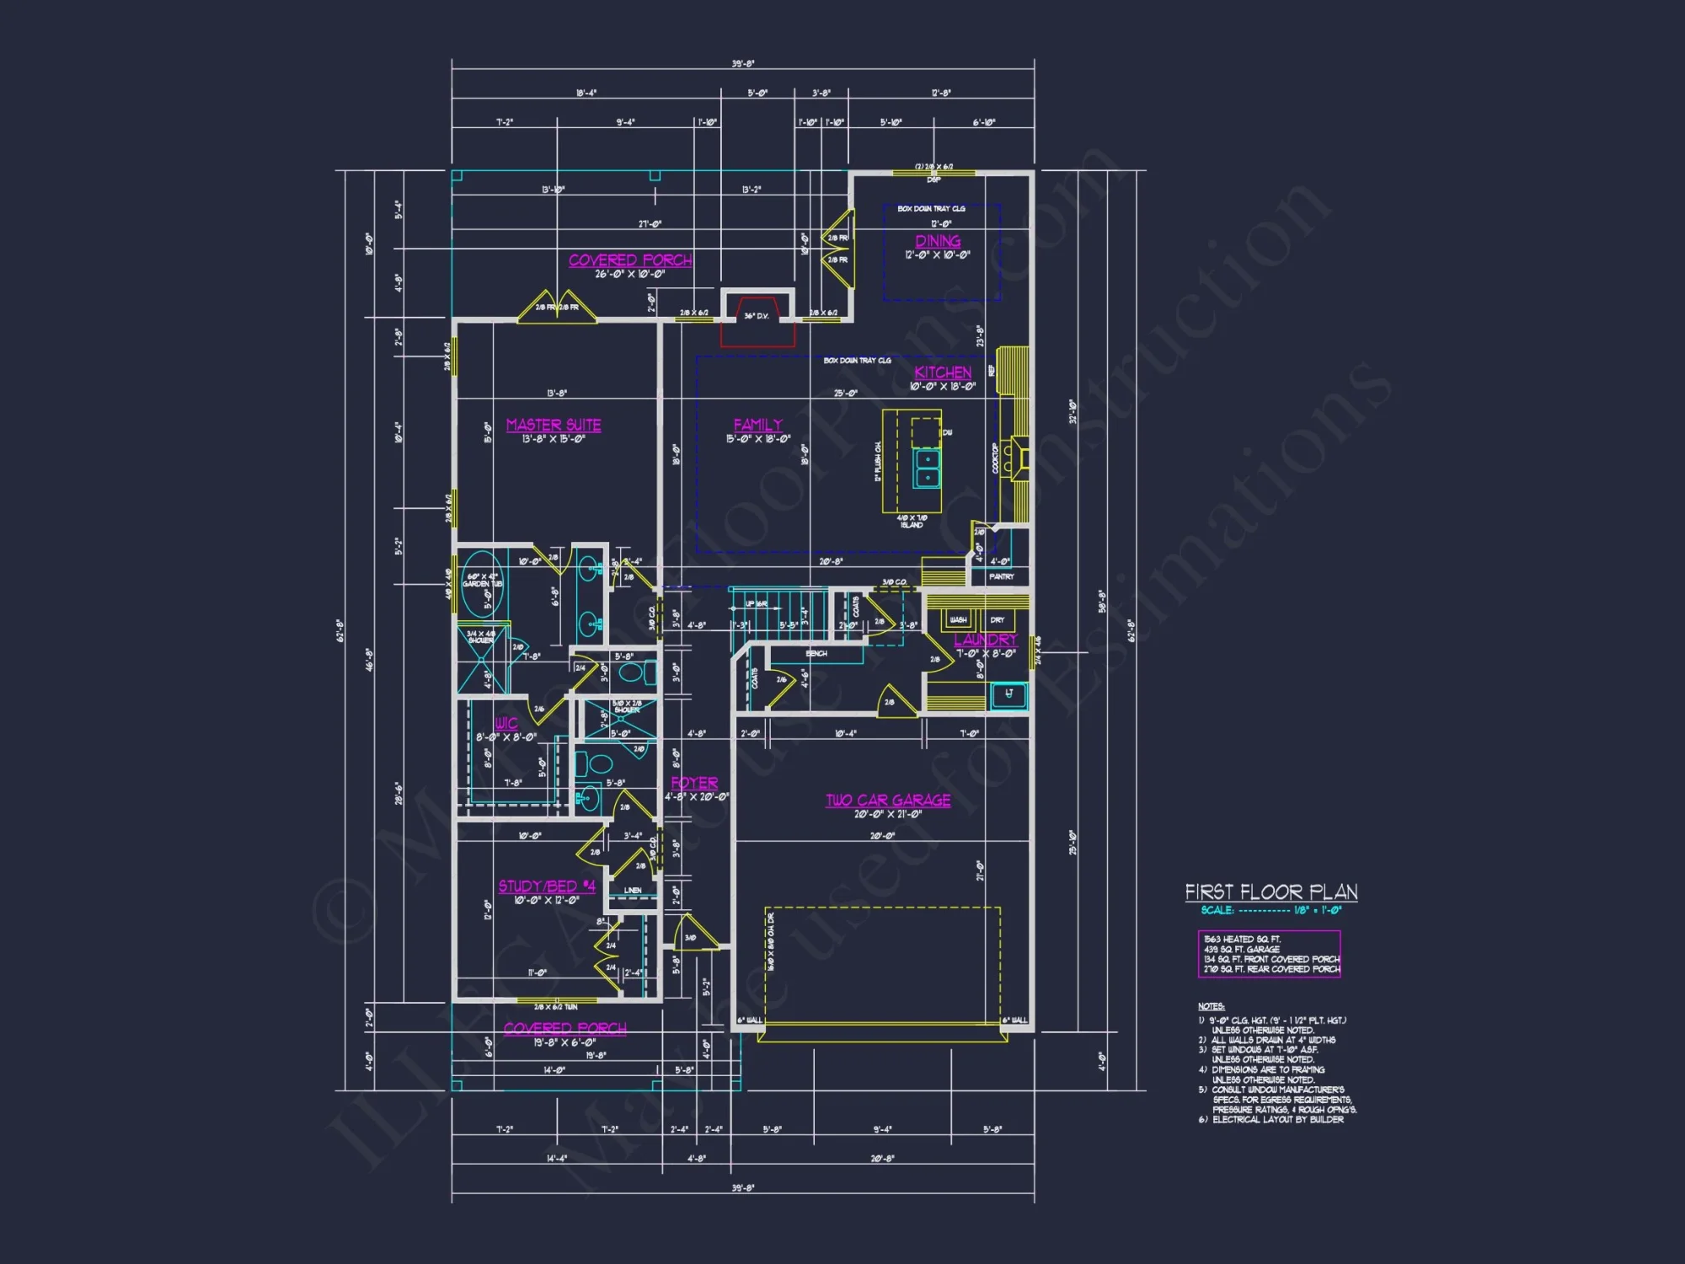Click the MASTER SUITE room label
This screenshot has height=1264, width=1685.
click(554, 425)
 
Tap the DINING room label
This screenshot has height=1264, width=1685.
click(938, 241)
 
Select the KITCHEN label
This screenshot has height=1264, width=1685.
click(943, 372)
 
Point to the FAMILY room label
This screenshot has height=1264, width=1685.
click(757, 425)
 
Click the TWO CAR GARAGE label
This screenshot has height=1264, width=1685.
click(888, 800)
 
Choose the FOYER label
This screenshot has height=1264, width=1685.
click(694, 783)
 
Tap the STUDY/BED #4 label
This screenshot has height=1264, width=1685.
click(547, 886)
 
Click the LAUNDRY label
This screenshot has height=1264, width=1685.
click(985, 640)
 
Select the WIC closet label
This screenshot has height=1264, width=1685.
click(506, 723)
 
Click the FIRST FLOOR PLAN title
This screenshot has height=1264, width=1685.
click(1270, 892)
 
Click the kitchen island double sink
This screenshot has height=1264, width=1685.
click(927, 468)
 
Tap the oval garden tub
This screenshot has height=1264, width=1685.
click(483, 584)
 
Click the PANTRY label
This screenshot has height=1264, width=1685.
click(1001, 576)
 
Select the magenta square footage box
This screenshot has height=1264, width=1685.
click(1269, 954)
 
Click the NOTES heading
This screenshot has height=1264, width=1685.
click(1211, 1006)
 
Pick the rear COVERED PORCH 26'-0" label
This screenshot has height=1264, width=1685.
click(630, 260)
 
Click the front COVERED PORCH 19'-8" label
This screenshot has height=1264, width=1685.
click(564, 1028)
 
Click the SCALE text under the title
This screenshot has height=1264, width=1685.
click(1217, 910)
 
